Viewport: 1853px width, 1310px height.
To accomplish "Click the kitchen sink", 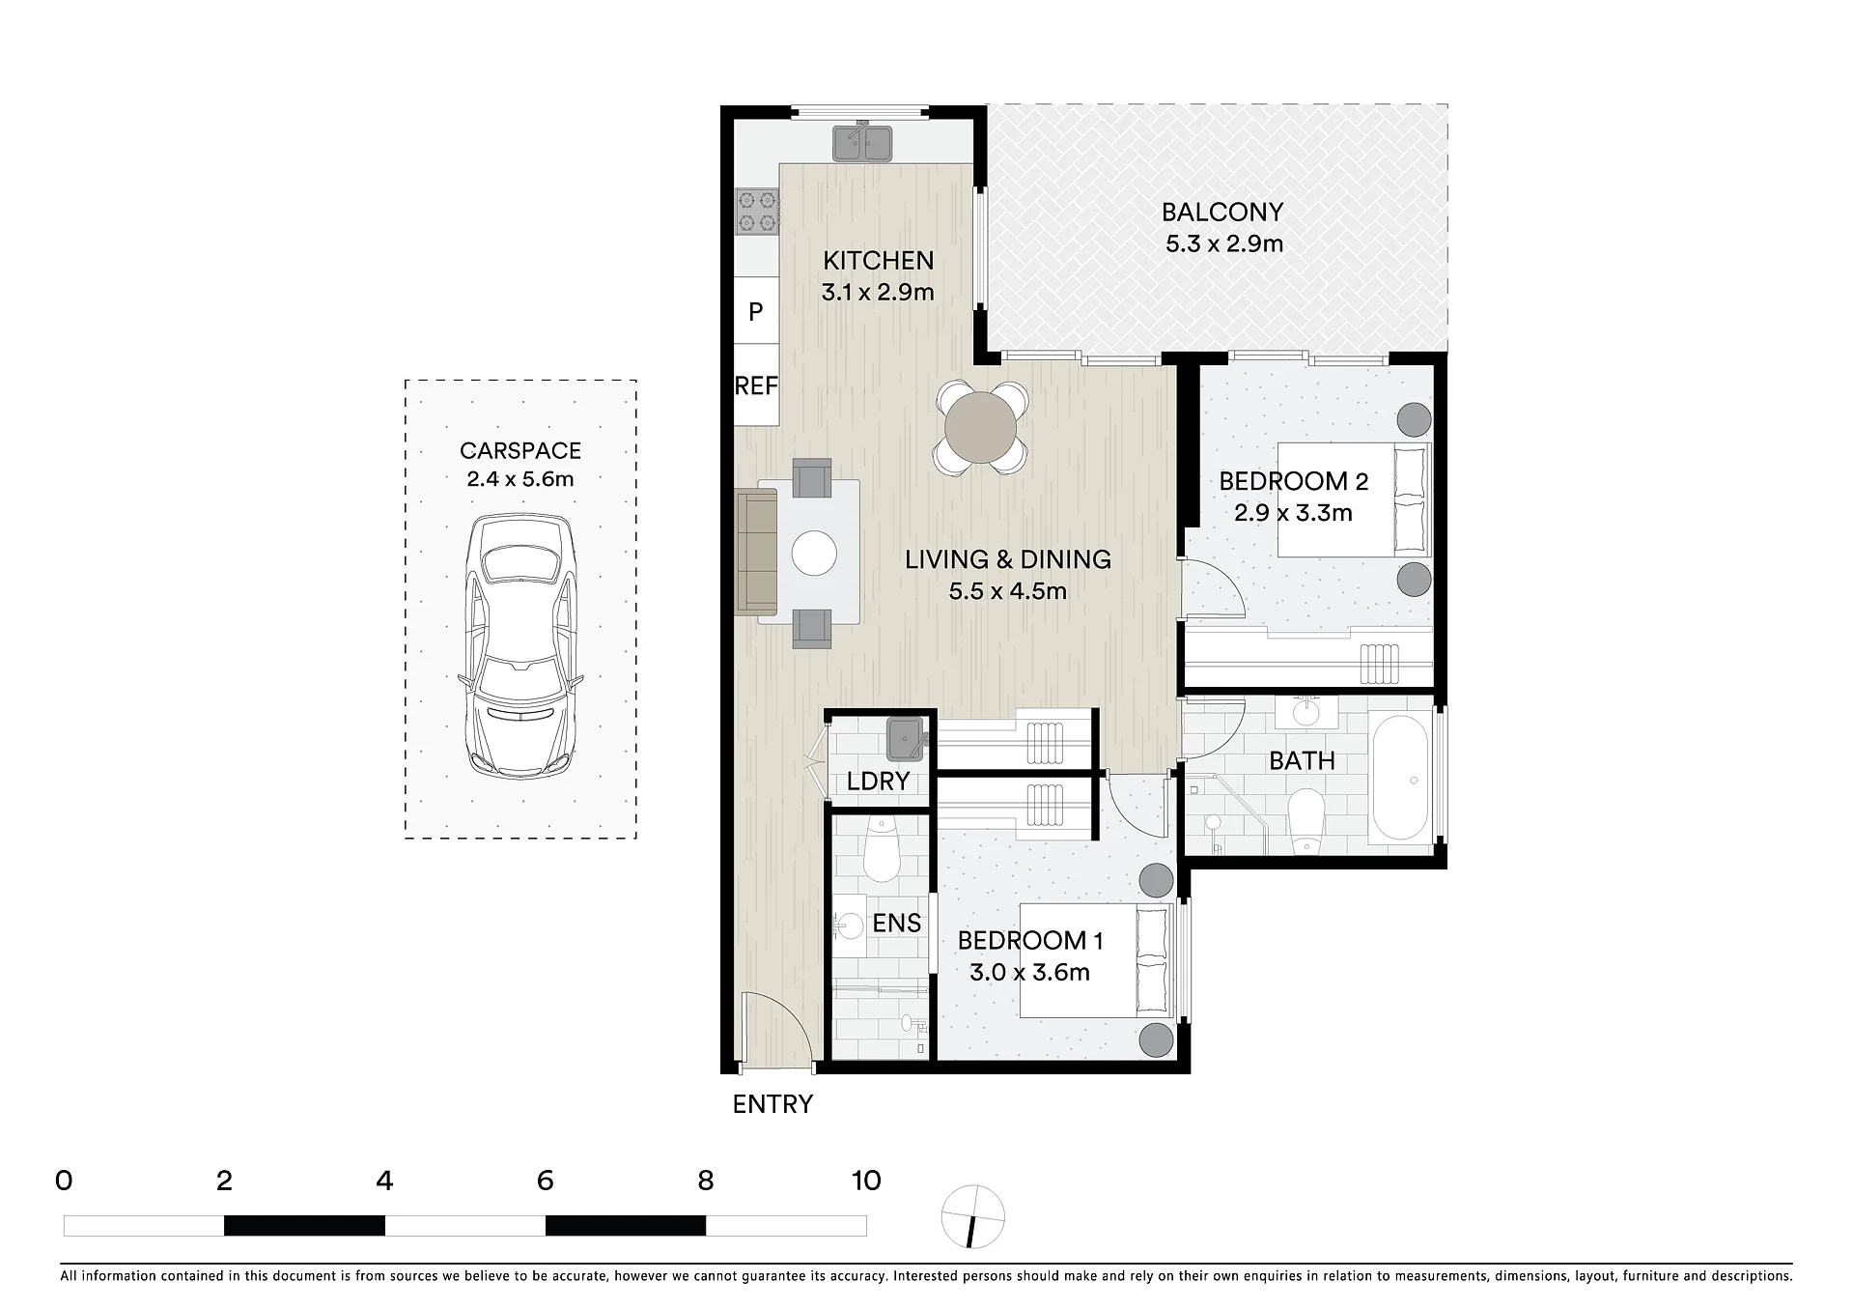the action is pos(862,142).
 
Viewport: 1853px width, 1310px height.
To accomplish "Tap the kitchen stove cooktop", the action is pos(757,212).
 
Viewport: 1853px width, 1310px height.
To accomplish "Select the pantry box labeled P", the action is pos(756,311).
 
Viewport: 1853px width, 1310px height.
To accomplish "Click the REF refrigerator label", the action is pos(756,386).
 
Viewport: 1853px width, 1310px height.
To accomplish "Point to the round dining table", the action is pos(981,428).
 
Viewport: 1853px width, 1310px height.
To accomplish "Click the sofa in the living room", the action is pos(756,552).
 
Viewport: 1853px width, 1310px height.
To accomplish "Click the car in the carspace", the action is pos(520,646).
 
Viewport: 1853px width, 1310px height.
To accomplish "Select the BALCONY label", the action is pos(1222,212).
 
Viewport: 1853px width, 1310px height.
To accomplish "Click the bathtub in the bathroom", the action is pos(1401,778).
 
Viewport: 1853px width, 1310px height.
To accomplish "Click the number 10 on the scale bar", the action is pos(866,1180).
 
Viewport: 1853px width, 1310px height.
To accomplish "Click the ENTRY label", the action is pos(772,1104).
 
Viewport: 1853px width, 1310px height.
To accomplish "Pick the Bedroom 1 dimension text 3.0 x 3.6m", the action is pos(1030,972).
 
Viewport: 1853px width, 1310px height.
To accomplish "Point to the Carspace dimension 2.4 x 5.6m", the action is pos(520,478).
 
